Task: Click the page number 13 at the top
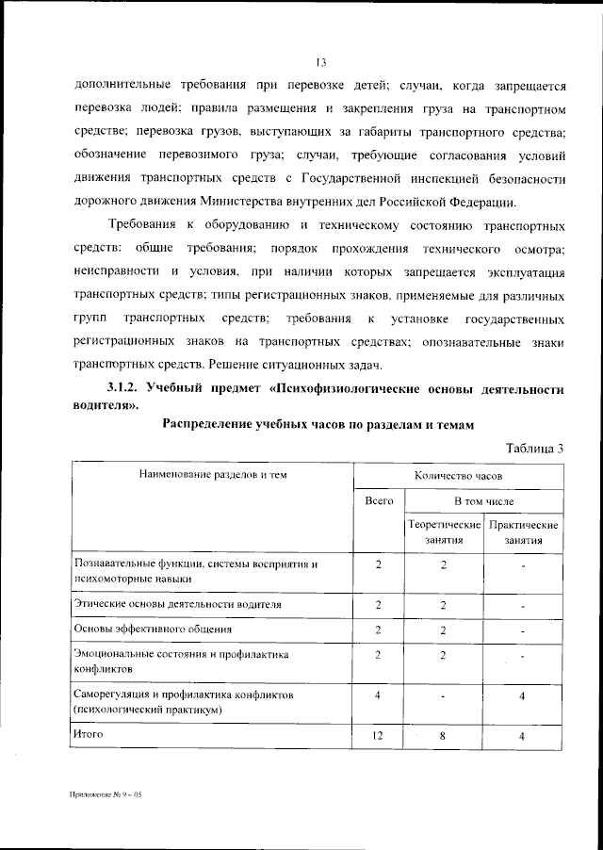tap(321, 63)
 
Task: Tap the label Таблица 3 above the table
tap(534, 448)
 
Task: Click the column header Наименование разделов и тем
tap(212, 476)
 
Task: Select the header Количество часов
tap(457, 476)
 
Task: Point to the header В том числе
tap(483, 502)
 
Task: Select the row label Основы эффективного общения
tap(152, 628)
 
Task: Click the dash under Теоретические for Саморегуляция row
tap(442, 696)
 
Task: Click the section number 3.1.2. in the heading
tap(124, 388)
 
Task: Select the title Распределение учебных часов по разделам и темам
tap(316, 425)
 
